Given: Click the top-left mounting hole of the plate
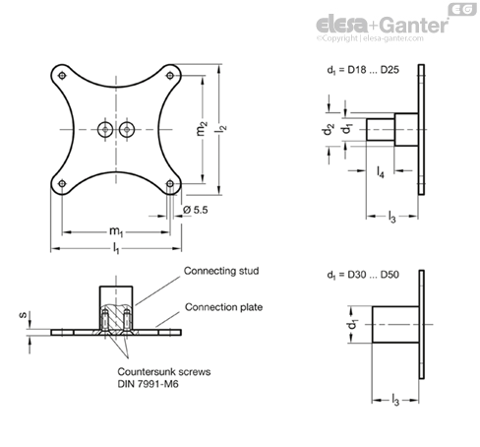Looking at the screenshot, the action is pyautogui.click(x=62, y=76).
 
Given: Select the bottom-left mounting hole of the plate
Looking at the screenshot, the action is pyautogui.click(x=62, y=183).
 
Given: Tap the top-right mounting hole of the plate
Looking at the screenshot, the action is pyautogui.click(x=170, y=76).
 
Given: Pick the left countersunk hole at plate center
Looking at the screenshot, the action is pyautogui.click(x=105, y=129).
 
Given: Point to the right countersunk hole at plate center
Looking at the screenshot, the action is pyautogui.click(x=127, y=129).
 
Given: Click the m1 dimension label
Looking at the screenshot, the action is pyautogui.click(x=116, y=231).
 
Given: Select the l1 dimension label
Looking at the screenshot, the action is pyautogui.click(x=116, y=248).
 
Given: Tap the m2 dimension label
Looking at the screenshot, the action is pyautogui.click(x=203, y=128).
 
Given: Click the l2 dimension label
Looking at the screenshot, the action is pyautogui.click(x=221, y=128).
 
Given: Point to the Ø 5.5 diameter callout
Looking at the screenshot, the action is pyautogui.click(x=196, y=210).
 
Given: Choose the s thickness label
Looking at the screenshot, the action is pyautogui.click(x=23, y=315).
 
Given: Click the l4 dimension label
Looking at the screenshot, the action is pyautogui.click(x=381, y=171).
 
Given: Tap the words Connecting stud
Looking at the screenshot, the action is pyautogui.click(x=221, y=271).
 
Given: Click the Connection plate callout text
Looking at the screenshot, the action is pyautogui.click(x=224, y=307).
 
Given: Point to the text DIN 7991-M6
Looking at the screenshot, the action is pyautogui.click(x=149, y=384).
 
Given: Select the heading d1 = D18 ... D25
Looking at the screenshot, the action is pyautogui.click(x=363, y=70).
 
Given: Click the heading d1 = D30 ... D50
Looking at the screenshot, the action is pyautogui.click(x=363, y=275).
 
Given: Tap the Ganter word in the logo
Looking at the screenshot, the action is pyautogui.click(x=415, y=25).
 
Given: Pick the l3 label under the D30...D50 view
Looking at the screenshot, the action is pyautogui.click(x=395, y=401).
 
